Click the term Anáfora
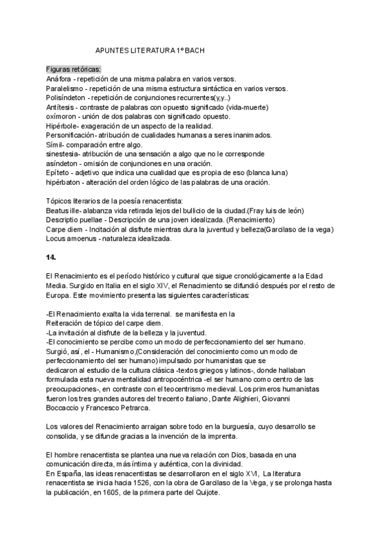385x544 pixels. coord(60,78)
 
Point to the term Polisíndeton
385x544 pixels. coord(66,98)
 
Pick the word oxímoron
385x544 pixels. coord(63,116)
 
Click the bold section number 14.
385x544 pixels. coord(51,257)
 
